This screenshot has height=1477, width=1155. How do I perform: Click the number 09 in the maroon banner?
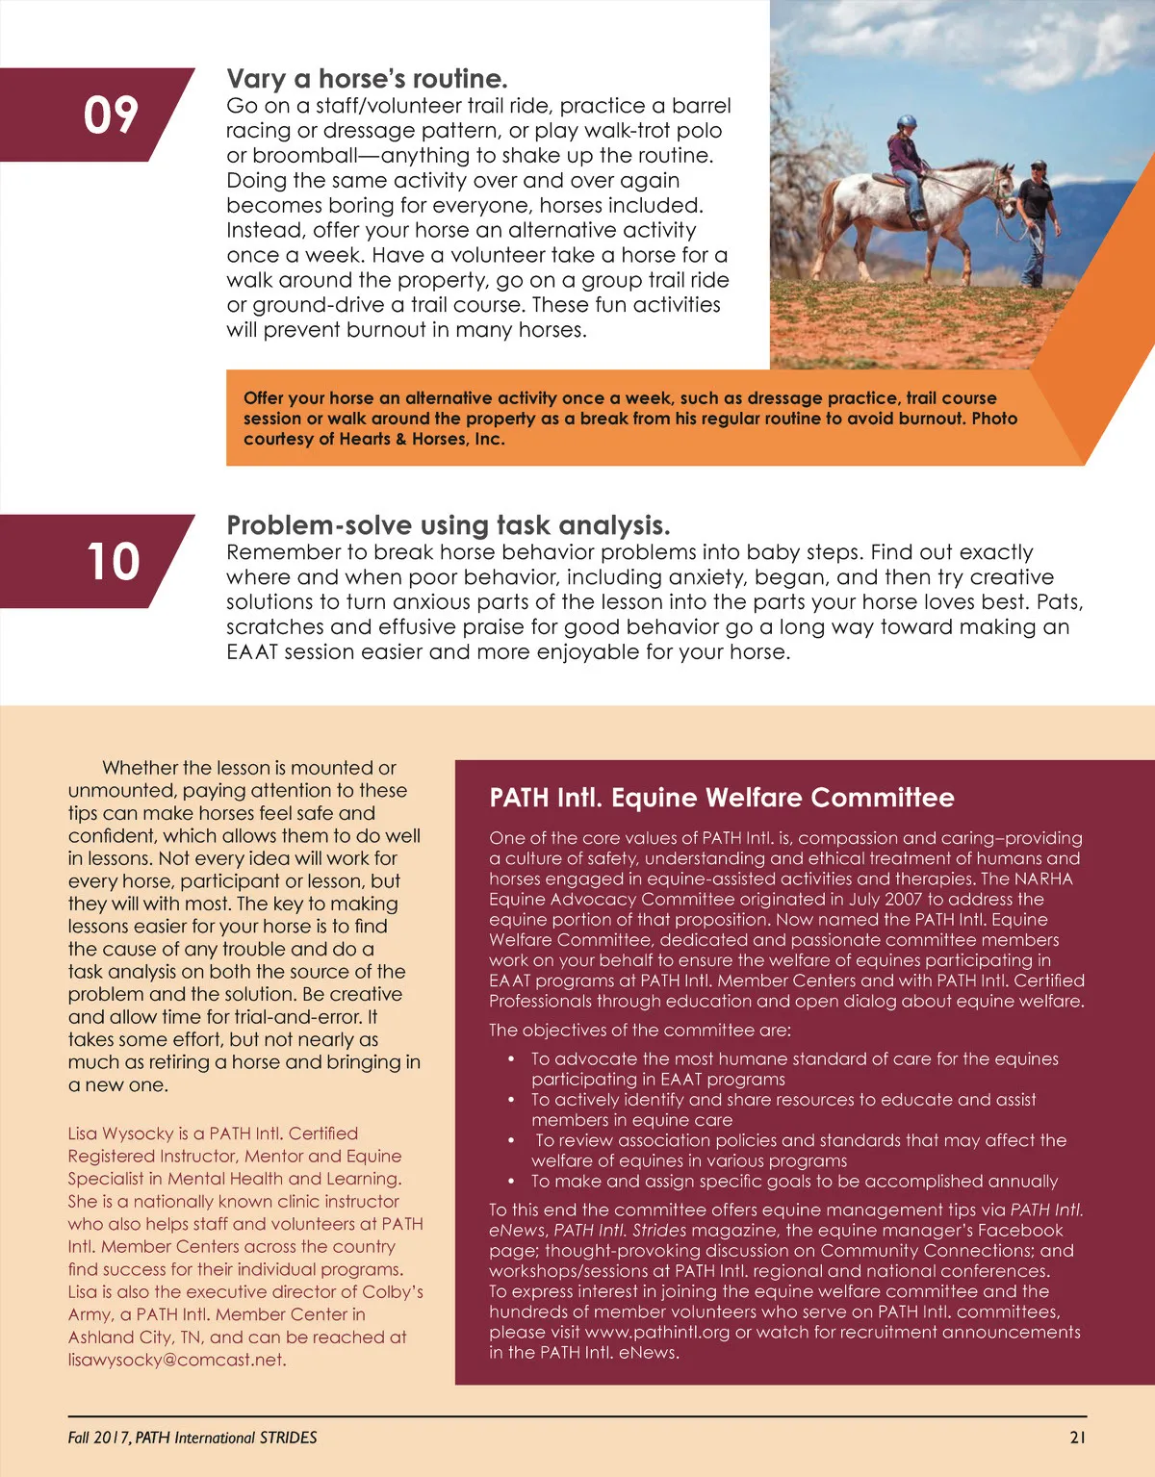pyautogui.click(x=111, y=115)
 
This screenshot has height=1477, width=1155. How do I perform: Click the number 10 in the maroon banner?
pyautogui.click(x=113, y=562)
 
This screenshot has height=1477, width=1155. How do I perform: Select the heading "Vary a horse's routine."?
pyautogui.click(x=367, y=79)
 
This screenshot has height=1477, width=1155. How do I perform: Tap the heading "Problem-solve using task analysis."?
pyautogui.click(x=448, y=525)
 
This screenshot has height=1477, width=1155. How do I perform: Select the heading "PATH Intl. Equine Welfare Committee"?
pyautogui.click(x=721, y=798)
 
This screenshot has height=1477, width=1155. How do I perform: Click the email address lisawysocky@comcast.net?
pyautogui.click(x=176, y=1360)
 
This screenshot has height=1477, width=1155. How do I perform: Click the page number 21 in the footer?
pyautogui.click(x=1077, y=1438)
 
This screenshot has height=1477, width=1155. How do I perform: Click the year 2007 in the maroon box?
pyautogui.click(x=899, y=899)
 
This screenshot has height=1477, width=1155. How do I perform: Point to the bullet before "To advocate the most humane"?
pyautogui.click(x=512, y=1059)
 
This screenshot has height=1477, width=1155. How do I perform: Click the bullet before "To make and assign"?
pyautogui.click(x=512, y=1182)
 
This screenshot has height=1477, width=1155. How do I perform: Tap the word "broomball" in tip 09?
pyautogui.click(x=299, y=156)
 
